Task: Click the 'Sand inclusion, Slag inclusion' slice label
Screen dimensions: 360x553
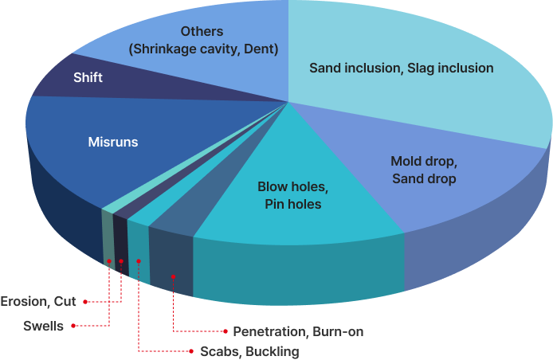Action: click(401, 68)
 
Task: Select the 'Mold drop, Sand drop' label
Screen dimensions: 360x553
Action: click(423, 170)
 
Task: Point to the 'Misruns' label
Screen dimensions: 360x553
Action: click(112, 143)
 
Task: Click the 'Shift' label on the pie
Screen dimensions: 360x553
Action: click(88, 78)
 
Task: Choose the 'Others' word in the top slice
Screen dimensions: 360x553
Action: click(202, 32)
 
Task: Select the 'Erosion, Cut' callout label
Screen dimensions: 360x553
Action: click(37, 302)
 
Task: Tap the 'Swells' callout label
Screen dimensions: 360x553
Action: click(43, 326)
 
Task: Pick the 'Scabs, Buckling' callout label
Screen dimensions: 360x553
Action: click(249, 351)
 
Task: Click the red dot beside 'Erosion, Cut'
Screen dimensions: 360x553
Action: click(85, 302)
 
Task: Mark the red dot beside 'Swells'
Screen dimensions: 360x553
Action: click(73, 326)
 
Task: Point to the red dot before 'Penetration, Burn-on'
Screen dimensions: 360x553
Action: click(226, 331)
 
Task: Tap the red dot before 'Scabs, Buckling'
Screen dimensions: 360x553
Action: click(191, 351)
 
